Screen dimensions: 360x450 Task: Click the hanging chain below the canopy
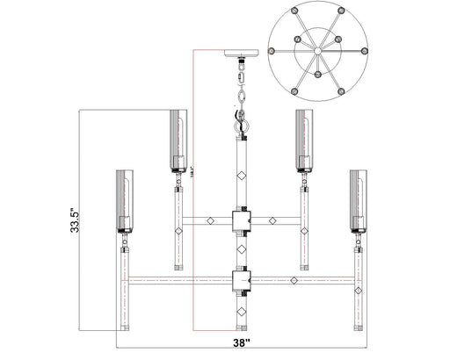240,88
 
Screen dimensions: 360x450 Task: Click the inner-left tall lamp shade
180,139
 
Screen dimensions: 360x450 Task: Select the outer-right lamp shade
359,200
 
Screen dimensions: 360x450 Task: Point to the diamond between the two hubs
240,250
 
